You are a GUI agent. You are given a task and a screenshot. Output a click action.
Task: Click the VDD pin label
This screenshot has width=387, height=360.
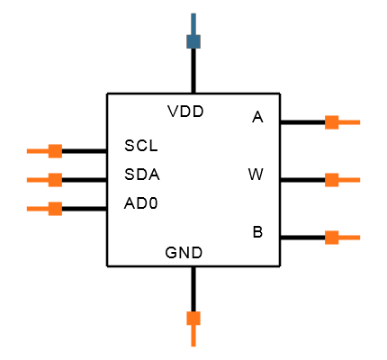185,112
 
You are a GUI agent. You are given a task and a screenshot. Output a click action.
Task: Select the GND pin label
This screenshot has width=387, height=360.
184,253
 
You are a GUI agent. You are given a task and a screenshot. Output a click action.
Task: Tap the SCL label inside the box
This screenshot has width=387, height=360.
141,146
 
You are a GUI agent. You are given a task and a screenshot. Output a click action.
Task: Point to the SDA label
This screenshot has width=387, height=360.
142,175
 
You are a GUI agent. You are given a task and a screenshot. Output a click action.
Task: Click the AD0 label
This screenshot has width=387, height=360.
140,203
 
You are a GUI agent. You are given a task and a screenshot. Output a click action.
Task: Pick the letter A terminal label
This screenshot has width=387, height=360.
257,117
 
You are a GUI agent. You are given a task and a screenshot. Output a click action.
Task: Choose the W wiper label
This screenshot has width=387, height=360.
256,175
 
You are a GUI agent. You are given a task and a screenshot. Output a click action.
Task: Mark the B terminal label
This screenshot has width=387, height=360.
257,232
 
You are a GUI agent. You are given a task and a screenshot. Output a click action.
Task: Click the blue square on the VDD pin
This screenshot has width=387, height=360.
193,41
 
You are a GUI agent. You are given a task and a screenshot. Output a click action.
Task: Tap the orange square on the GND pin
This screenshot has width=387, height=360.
193,319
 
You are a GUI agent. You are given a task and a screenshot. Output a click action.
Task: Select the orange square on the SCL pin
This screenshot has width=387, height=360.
55,151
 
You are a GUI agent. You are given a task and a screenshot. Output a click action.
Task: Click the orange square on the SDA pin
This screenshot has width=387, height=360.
55,180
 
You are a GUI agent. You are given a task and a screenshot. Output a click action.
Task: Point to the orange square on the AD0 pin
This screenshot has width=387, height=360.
55,209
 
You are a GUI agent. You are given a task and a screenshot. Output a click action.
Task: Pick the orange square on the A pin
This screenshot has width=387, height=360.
332,122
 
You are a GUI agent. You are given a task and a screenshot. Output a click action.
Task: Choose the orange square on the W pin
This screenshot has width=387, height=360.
332,180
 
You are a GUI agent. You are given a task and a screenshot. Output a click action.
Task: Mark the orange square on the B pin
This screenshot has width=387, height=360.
332,238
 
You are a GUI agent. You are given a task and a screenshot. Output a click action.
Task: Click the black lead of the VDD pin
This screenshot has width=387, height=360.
193,71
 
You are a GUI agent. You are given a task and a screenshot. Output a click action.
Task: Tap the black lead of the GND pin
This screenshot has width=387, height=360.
193,289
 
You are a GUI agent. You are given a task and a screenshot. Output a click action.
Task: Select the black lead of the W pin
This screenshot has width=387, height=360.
302,180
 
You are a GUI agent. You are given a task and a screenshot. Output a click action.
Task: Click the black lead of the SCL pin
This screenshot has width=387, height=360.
85,151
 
